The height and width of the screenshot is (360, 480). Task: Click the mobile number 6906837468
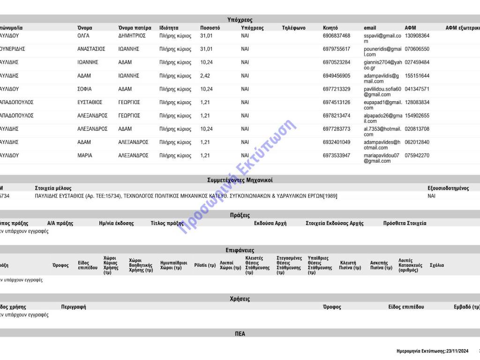pos(336,36)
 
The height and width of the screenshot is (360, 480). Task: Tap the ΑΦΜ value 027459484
pos(417,62)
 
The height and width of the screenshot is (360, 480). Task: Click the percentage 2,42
pos(206,75)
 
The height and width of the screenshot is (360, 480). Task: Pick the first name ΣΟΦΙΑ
pos(84,89)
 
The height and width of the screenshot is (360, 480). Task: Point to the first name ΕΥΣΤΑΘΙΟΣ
pos(90,102)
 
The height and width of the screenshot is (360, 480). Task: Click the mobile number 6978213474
pos(336,116)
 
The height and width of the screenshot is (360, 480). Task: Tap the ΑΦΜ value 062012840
pos(417,142)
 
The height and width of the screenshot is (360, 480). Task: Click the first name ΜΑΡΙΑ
pos(85,156)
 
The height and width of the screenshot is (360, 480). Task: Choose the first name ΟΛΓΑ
pos(83,36)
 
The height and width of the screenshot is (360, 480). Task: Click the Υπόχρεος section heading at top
pos(240,20)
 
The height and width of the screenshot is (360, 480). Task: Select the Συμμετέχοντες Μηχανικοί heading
pos(240,180)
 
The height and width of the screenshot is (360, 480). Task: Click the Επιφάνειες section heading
pos(240,250)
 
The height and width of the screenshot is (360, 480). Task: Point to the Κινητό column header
pos(330,28)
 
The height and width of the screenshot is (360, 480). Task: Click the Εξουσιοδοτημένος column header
pos(448,188)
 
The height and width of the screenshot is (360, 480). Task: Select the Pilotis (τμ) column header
pos(205,265)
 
